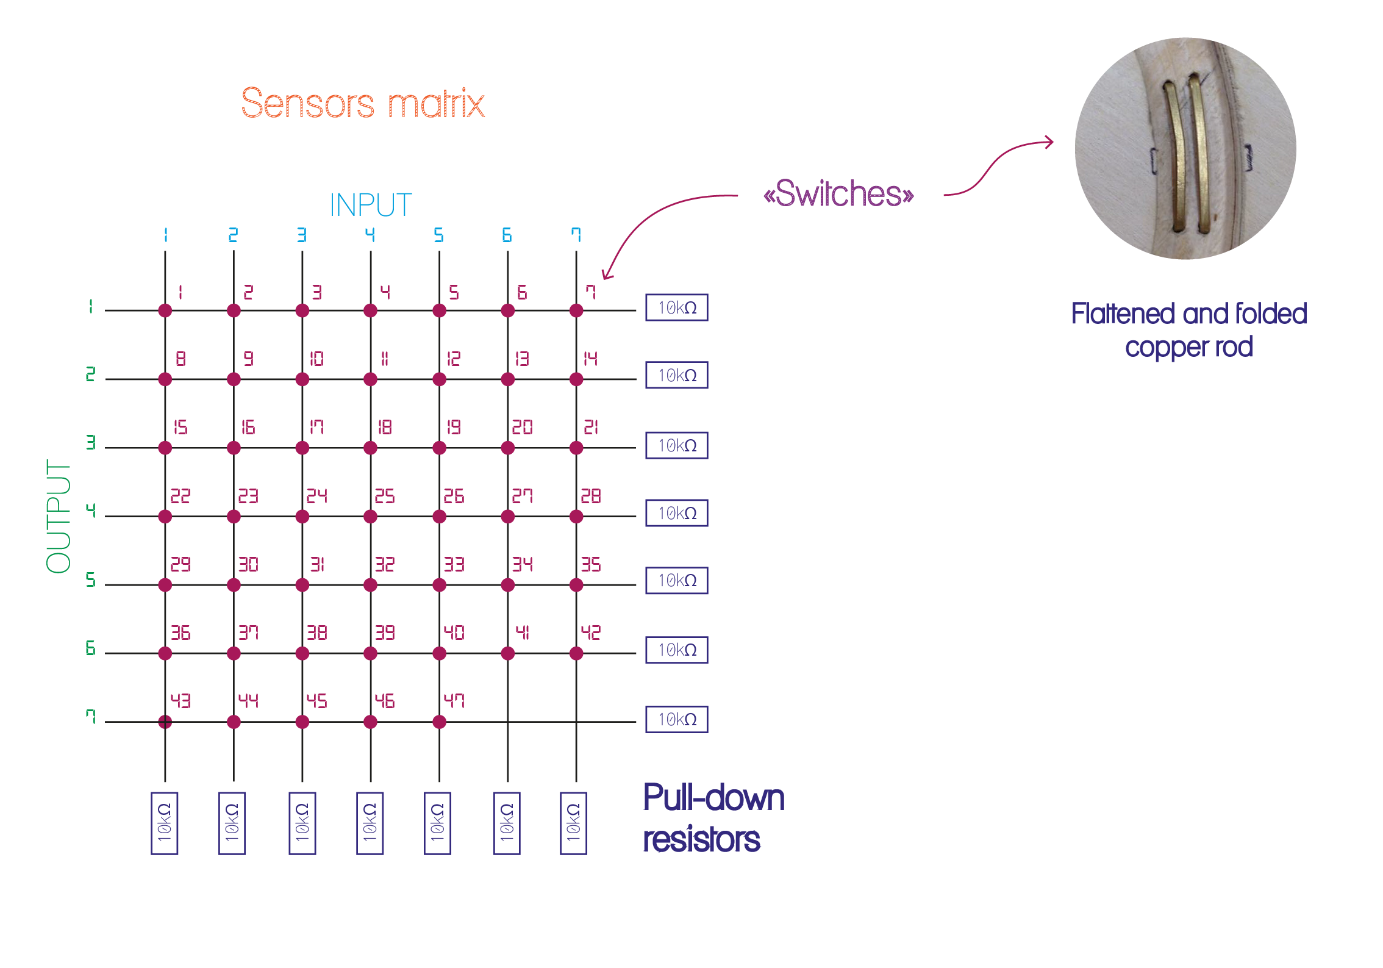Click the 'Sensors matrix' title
[x=363, y=103]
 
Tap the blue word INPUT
[x=371, y=205]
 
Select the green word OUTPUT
[x=59, y=516]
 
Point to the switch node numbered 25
[x=370, y=517]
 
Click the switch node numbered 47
[x=439, y=722]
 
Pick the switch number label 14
[x=590, y=359]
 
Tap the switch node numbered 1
[x=165, y=310]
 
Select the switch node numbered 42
[x=576, y=653]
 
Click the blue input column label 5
[x=438, y=235]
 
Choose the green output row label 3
[x=91, y=442]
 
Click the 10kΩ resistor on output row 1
[x=677, y=307]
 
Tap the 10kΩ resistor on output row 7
[x=677, y=719]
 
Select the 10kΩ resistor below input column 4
[x=370, y=823]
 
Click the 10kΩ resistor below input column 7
[x=573, y=823]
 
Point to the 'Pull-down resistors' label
[x=713, y=818]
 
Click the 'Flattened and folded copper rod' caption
[x=1188, y=330]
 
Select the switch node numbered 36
[x=165, y=653]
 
